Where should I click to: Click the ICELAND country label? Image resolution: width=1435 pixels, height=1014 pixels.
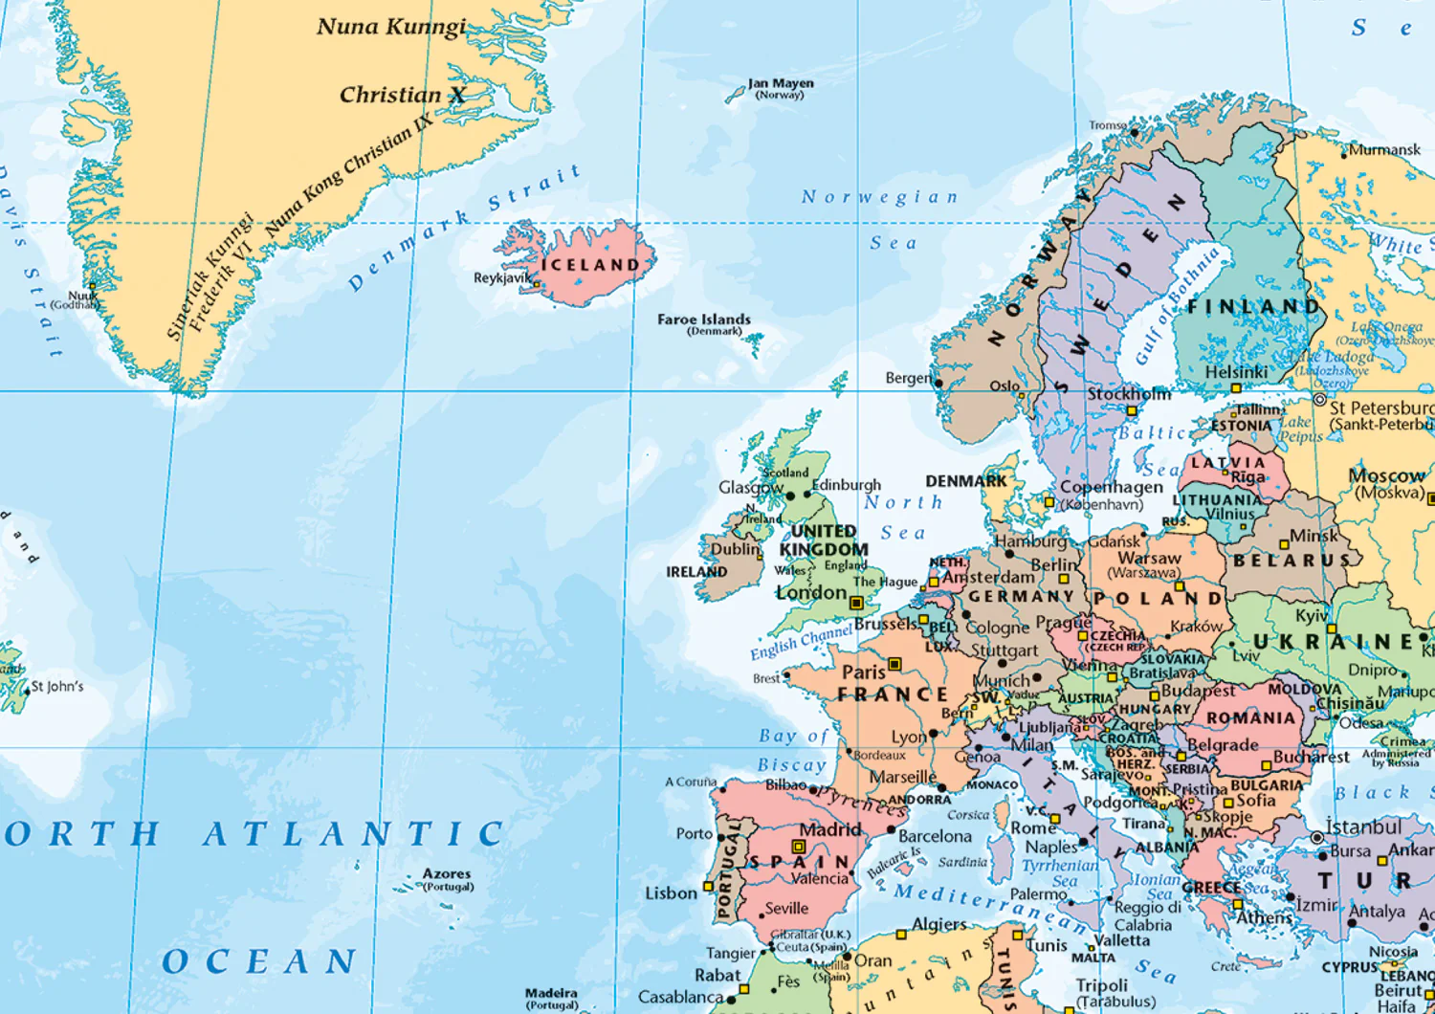[x=590, y=265]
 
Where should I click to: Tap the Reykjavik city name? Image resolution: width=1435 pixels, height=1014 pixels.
[x=501, y=278]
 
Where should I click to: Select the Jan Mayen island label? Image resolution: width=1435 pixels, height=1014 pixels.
[x=781, y=84]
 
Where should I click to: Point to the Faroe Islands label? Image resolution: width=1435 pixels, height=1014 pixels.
[x=704, y=320]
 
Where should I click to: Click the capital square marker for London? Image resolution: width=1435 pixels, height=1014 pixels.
[x=856, y=603]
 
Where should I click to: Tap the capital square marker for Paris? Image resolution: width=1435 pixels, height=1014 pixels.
[x=894, y=664]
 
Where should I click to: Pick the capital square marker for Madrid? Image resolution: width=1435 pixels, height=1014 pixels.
[x=798, y=847]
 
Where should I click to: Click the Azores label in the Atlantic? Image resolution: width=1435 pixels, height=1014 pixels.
[x=447, y=873]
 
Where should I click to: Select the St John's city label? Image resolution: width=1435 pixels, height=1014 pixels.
[x=57, y=686]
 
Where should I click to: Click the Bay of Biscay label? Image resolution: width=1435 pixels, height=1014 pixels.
[x=792, y=750]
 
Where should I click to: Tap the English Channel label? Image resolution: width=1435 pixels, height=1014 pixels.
[x=801, y=642]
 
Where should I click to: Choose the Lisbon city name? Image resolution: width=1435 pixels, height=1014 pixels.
[x=671, y=893]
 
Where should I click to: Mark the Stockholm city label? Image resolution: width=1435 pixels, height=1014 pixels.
[x=1129, y=394]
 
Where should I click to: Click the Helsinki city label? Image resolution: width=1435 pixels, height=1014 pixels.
[x=1236, y=372]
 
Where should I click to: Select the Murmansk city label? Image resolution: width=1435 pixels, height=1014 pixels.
[x=1384, y=149]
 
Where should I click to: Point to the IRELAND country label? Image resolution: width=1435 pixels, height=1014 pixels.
[x=696, y=572]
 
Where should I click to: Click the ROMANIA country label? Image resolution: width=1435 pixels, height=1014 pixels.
[x=1250, y=717]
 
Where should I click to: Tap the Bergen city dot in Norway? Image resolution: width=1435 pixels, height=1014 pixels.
[x=938, y=384]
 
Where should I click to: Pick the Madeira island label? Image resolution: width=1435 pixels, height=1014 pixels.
[x=551, y=993]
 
